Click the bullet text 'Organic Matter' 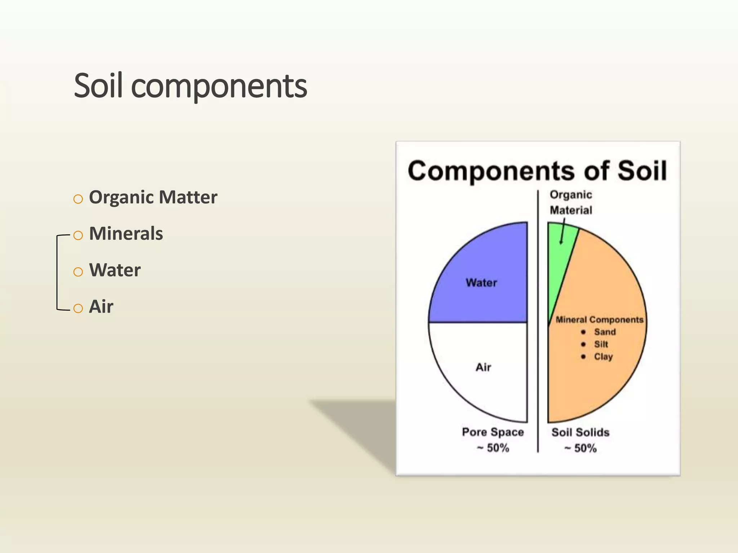coord(153,197)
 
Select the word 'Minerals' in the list coord(126,234)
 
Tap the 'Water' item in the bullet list coord(115,270)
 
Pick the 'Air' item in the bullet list coord(101,307)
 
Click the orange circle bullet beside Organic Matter coord(78,199)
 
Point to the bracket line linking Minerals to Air coord(57,272)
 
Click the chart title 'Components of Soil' coord(537,171)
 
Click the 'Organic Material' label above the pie coord(571,202)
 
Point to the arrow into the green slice coord(562,232)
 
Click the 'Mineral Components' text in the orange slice coord(599,320)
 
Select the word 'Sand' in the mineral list coord(605,332)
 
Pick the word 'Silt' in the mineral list coord(601,344)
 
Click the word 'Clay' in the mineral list coord(603,357)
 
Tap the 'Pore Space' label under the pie coord(493,432)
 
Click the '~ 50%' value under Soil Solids coord(580,448)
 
